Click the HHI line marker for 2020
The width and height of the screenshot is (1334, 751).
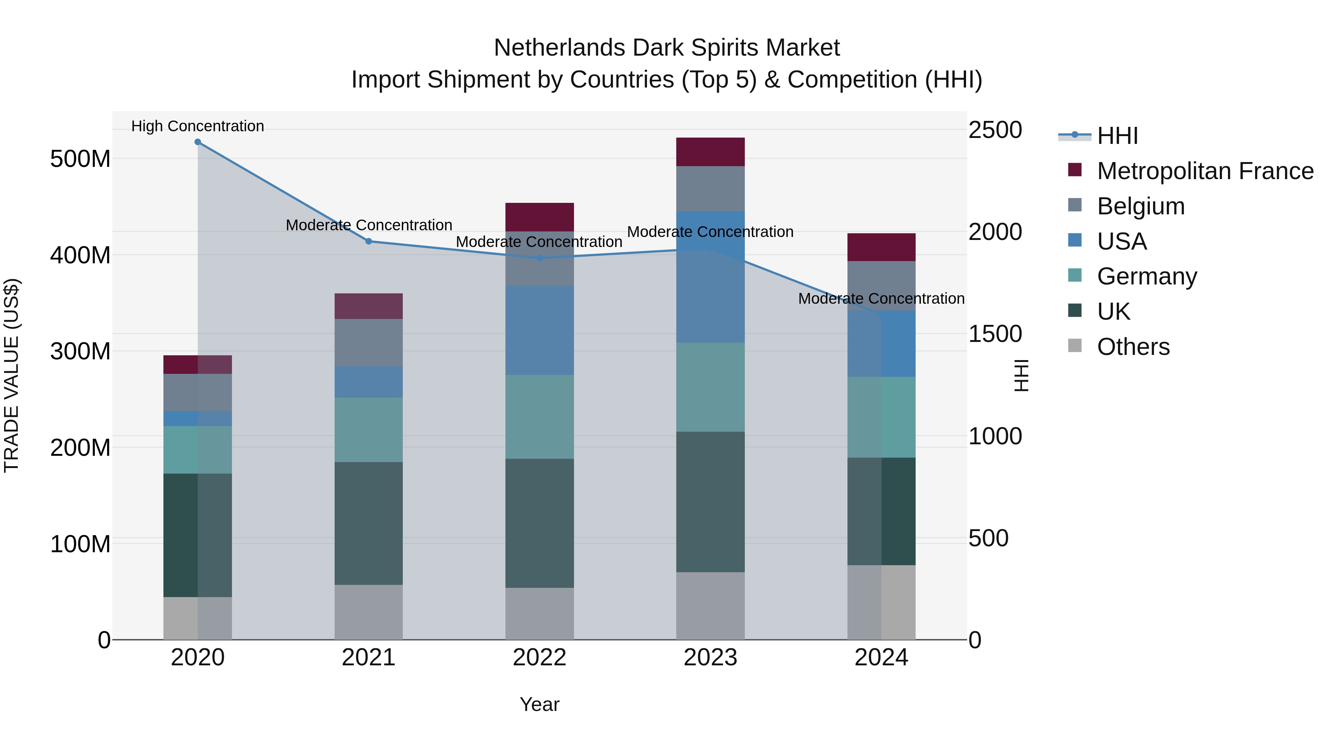point(198,142)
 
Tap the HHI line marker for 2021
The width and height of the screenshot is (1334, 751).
point(369,241)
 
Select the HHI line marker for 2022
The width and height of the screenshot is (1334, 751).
point(540,258)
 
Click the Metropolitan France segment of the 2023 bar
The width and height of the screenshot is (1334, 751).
point(710,152)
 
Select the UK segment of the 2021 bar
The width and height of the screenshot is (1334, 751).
point(369,523)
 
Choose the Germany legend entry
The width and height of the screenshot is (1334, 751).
point(1146,276)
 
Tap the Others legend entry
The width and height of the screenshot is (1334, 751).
point(1133,347)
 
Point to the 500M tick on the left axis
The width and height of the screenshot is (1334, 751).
point(80,159)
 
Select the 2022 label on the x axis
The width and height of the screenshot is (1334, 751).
point(540,658)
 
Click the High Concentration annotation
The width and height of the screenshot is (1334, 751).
point(198,126)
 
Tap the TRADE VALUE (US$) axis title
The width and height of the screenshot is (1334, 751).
point(11,375)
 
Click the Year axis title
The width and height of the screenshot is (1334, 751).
point(540,704)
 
